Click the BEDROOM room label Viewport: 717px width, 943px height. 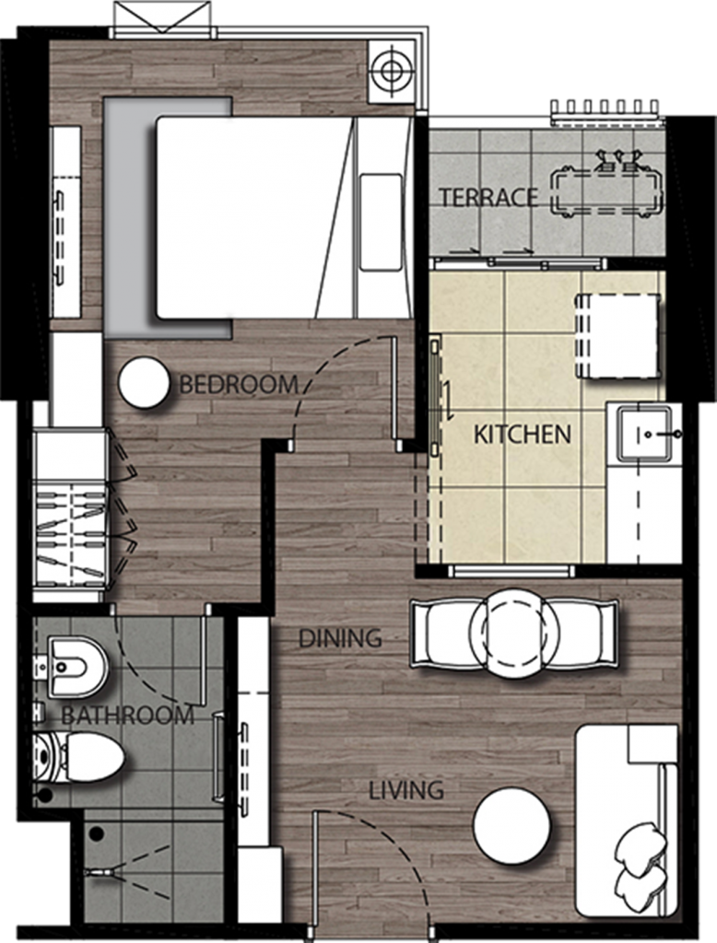[238, 384]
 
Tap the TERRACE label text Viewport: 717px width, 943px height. [488, 197]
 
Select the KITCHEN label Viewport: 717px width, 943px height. [522, 434]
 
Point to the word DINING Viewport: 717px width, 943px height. [339, 637]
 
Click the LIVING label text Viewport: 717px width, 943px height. [406, 789]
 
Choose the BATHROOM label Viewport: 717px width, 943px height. [127, 715]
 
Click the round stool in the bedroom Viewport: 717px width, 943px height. [144, 383]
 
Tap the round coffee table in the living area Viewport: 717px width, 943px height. [511, 826]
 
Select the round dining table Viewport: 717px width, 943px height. [513, 634]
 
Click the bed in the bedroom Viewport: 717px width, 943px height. [276, 217]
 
